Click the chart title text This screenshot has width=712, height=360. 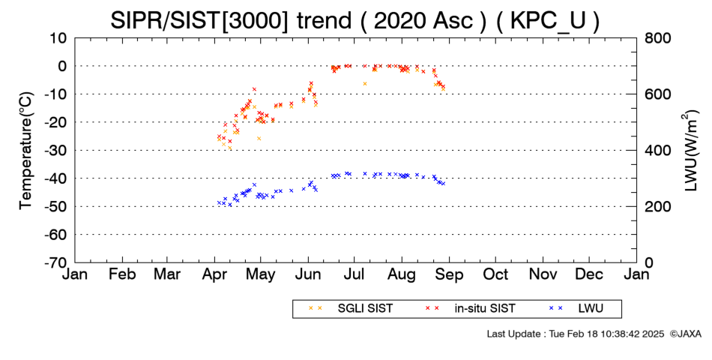coord(355,20)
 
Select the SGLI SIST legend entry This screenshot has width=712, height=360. coord(351,309)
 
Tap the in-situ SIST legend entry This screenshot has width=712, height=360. coord(471,309)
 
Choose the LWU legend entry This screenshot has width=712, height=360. coord(576,309)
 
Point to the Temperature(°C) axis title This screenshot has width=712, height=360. coord(26,150)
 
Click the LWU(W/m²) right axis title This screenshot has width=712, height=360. coord(690,150)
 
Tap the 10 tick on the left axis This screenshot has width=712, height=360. coord(59,38)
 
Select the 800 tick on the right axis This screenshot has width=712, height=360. coord(657,38)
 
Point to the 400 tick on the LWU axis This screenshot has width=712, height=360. coord(657,151)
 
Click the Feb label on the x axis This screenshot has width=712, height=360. coord(122,275)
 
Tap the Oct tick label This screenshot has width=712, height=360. coord(495,275)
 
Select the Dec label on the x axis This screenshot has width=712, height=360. coord(589,275)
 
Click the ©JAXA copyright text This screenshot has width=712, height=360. coord(685,334)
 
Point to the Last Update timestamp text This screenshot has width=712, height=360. coord(576,334)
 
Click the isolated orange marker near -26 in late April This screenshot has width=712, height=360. coord(259,138)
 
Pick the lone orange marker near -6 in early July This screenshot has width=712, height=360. coord(365,84)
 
